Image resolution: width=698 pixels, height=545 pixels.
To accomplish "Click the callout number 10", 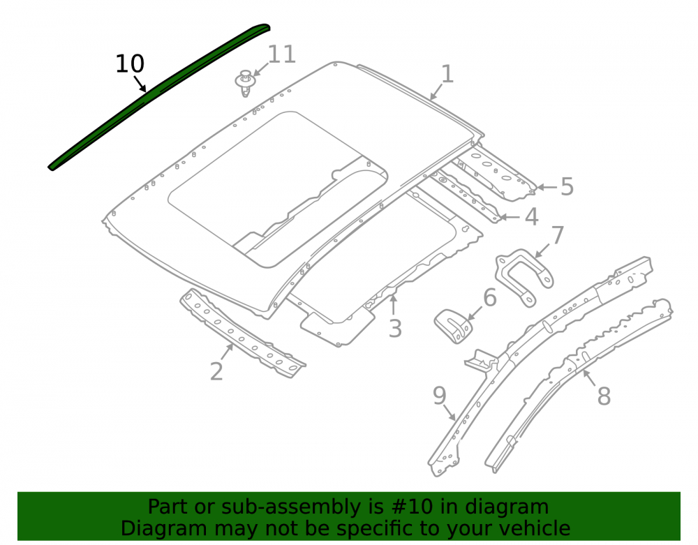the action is tap(130, 64).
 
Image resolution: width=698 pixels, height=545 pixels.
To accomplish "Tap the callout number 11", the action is tap(282, 54).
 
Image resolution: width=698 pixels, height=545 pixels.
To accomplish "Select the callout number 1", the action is tap(447, 74).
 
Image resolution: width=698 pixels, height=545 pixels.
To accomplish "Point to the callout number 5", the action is tap(567, 186).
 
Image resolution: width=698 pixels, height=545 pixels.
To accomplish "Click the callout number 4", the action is tap(531, 216).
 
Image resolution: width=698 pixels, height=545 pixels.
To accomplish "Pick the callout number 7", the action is tap(557, 235).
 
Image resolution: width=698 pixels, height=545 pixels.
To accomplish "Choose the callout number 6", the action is tap(490, 298).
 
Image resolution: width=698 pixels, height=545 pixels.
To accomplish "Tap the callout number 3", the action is tap(395, 329).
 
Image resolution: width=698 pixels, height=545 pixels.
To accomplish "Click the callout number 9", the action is tap(439, 396).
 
